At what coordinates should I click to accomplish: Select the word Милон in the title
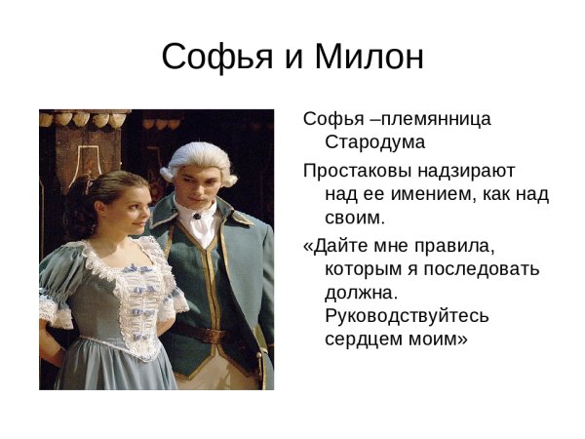pyautogui.click(x=369, y=58)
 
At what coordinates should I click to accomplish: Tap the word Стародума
pyautogui.click(x=374, y=142)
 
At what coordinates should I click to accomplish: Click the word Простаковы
pyautogui.click(x=356, y=169)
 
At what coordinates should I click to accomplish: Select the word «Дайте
pyautogui.click(x=337, y=244)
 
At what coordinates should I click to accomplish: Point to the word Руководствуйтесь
pyautogui.click(x=407, y=316)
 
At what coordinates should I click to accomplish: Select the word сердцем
pyautogui.click(x=363, y=340)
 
